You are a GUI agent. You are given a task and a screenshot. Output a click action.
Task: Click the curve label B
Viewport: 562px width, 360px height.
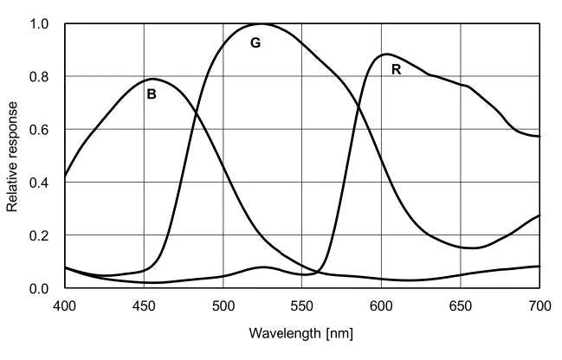pyautogui.click(x=152, y=94)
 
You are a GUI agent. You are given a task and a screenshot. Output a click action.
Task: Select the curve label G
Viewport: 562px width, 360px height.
pyautogui.click(x=255, y=42)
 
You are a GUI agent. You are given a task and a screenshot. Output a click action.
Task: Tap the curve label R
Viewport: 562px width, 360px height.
pyautogui.click(x=396, y=69)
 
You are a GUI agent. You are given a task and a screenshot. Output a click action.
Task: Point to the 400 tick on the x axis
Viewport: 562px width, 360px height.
pyautogui.click(x=65, y=305)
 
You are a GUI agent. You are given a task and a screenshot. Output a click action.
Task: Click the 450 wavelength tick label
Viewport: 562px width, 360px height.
pyautogui.click(x=144, y=305)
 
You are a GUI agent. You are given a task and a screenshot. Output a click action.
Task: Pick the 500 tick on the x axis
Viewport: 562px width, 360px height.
pyautogui.click(x=223, y=305)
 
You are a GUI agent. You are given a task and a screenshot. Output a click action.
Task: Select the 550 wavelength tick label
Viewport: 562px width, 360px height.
pyautogui.click(x=302, y=305)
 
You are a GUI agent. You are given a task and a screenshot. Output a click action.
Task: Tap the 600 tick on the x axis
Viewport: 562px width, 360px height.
pyautogui.click(x=381, y=305)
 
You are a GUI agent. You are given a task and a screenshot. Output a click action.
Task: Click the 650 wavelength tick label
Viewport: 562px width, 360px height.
pyautogui.click(x=460, y=305)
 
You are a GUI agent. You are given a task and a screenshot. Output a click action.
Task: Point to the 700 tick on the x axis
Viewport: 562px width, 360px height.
pyautogui.click(x=539, y=305)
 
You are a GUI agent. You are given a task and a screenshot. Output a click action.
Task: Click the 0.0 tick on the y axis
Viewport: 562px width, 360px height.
pyautogui.click(x=41, y=288)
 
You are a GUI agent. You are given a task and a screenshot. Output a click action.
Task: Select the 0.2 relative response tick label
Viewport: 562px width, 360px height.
pyautogui.click(x=41, y=235)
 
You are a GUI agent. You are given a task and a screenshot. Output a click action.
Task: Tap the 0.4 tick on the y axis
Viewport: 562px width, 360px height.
pyautogui.click(x=41, y=183)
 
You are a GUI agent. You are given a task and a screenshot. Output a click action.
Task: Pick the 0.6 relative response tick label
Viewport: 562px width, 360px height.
pyautogui.click(x=41, y=130)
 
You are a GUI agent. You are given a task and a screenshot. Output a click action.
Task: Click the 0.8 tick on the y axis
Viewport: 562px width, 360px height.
pyautogui.click(x=41, y=77)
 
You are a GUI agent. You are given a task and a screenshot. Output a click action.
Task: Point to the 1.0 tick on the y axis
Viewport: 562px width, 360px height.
pyautogui.click(x=41, y=24)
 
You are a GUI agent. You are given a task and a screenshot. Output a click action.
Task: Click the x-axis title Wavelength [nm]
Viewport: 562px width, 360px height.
pyautogui.click(x=301, y=333)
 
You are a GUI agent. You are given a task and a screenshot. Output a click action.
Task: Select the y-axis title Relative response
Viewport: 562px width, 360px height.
pyautogui.click(x=13, y=157)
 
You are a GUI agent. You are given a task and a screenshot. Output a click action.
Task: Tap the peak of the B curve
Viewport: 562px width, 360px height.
pyautogui.click(x=153, y=79)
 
